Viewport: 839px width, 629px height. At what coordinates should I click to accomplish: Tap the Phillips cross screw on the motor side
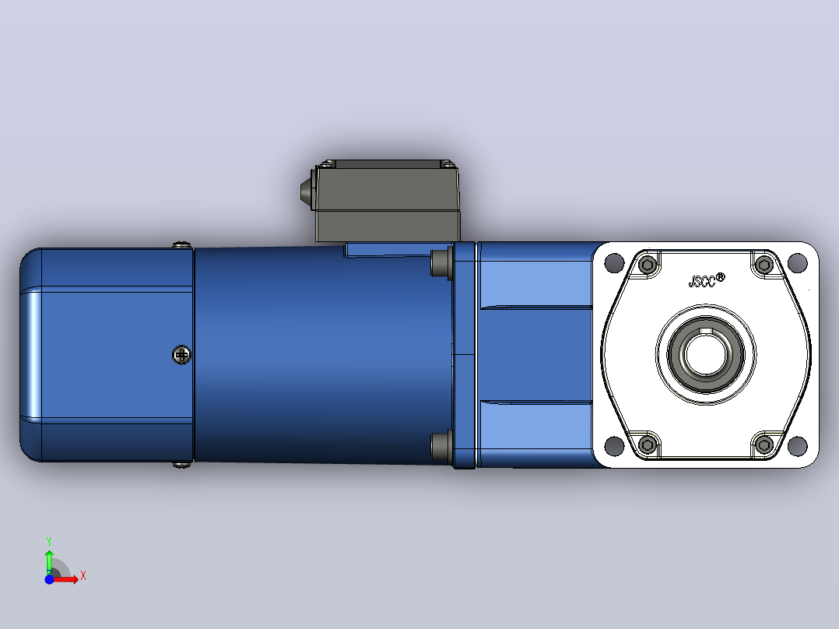coord(182,355)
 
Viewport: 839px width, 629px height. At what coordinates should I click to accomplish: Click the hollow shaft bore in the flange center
coord(705,354)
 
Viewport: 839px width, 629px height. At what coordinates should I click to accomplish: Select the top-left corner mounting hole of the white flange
coord(614,263)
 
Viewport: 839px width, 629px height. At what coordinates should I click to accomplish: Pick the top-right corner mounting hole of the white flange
coord(797,263)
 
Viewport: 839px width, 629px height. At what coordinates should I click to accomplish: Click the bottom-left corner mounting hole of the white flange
coord(614,445)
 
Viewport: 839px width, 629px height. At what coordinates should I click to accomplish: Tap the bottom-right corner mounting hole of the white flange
coord(797,445)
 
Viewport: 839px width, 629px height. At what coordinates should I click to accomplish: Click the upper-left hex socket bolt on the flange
coord(648,265)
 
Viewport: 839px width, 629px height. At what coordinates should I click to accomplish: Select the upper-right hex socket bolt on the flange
coord(764,265)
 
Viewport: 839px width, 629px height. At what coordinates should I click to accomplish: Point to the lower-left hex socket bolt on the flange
coord(648,445)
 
